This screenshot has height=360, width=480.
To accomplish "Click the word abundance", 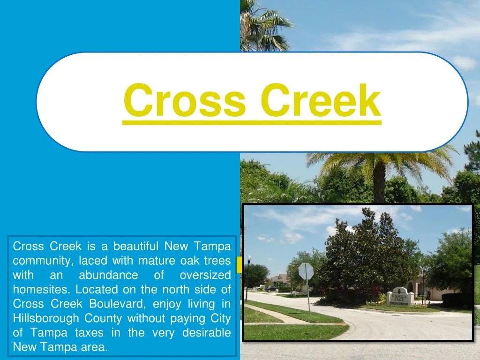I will tap(108, 275).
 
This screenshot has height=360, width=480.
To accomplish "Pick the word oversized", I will tap(205, 275).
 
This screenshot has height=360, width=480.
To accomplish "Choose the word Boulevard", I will tap(118, 304).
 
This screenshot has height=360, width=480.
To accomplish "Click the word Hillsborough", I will tap(46, 318).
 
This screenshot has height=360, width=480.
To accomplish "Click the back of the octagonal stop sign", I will tap(306, 271).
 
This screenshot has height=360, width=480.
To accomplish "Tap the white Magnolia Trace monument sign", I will tap(400, 295).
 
